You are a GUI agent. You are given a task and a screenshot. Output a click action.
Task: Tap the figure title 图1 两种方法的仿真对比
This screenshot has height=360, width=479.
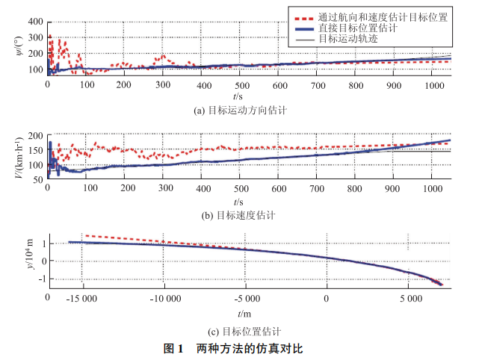click(x=238, y=348)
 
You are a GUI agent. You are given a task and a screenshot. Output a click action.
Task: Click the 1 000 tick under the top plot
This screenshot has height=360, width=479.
click(x=430, y=86)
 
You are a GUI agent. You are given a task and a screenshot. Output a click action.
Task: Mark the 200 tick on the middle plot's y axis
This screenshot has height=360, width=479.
click(x=34, y=137)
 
